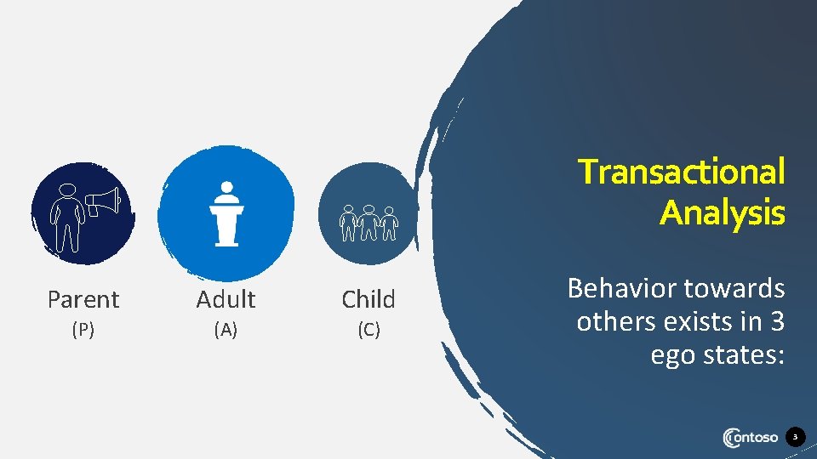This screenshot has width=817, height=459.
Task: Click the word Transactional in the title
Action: [x=681, y=173]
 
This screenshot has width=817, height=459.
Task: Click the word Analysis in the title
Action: [x=722, y=212]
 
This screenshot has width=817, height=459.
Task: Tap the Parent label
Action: [x=83, y=299]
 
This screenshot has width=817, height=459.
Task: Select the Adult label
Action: [x=226, y=299]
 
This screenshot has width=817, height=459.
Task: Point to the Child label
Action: [x=369, y=299]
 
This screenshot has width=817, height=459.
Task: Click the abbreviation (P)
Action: [x=83, y=331]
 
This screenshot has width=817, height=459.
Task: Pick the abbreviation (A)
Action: [x=226, y=331]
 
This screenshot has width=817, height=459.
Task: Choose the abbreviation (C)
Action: [x=369, y=331]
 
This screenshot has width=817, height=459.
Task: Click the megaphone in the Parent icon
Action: [x=103, y=201]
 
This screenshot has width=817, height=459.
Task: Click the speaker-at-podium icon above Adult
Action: [x=226, y=213]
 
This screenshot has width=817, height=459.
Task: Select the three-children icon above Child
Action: [x=369, y=223]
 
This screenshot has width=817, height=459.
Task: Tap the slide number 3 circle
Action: [x=795, y=438]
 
